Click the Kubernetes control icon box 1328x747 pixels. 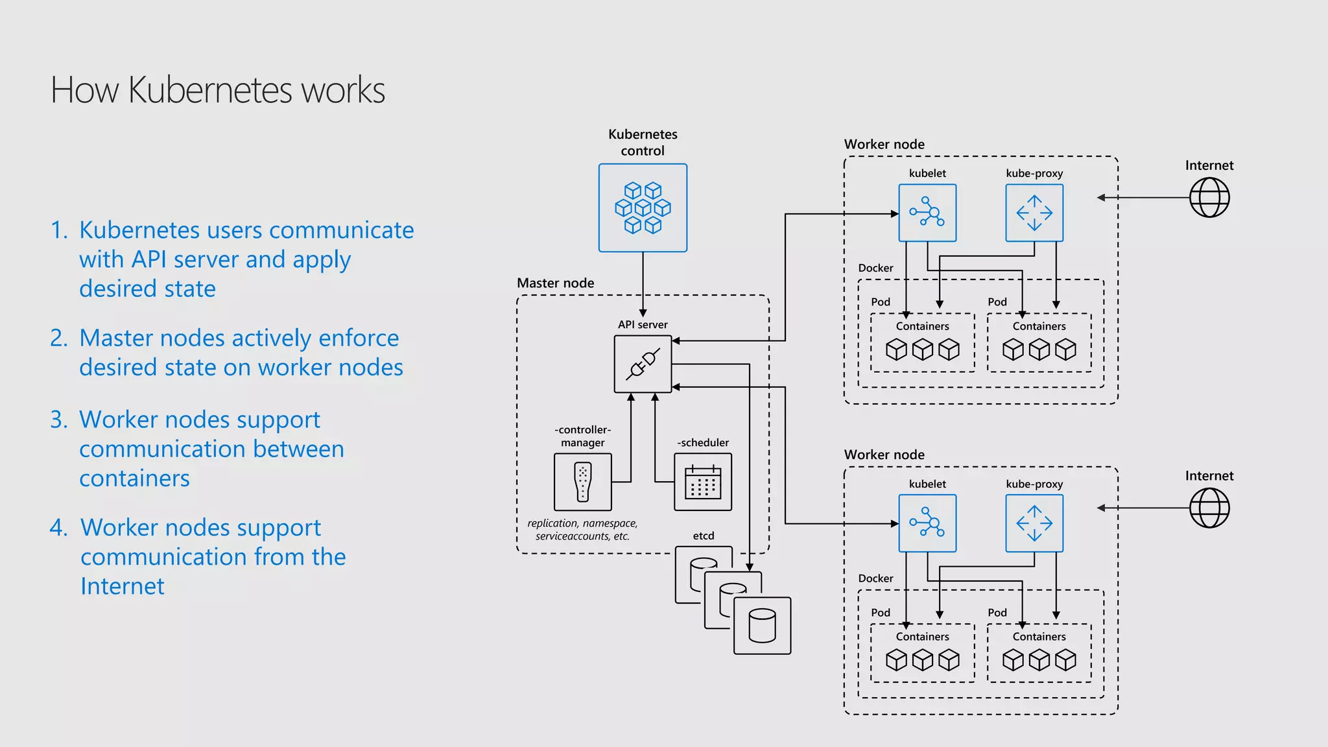click(x=643, y=207)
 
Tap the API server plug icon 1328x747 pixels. click(x=643, y=364)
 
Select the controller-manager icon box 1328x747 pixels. click(x=583, y=482)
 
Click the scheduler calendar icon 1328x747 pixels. click(x=703, y=482)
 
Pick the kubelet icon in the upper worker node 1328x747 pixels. click(x=927, y=213)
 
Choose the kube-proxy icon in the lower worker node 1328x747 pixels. click(x=1034, y=523)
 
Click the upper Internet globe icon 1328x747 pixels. click(x=1209, y=198)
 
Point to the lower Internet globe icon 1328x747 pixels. click(x=1209, y=508)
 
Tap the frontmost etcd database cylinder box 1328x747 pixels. click(x=762, y=626)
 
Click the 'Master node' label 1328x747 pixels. click(x=555, y=283)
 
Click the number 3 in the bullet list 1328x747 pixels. click(x=58, y=420)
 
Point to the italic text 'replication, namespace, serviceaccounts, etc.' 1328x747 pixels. click(x=582, y=530)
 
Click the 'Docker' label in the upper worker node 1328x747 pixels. click(x=875, y=268)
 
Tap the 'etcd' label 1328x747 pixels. click(x=703, y=536)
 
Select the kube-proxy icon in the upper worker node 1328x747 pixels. click(x=1034, y=213)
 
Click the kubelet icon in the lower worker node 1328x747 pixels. click(x=927, y=523)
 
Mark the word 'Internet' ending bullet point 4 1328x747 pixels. click(x=122, y=586)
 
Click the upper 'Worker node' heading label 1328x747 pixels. click(x=884, y=144)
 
